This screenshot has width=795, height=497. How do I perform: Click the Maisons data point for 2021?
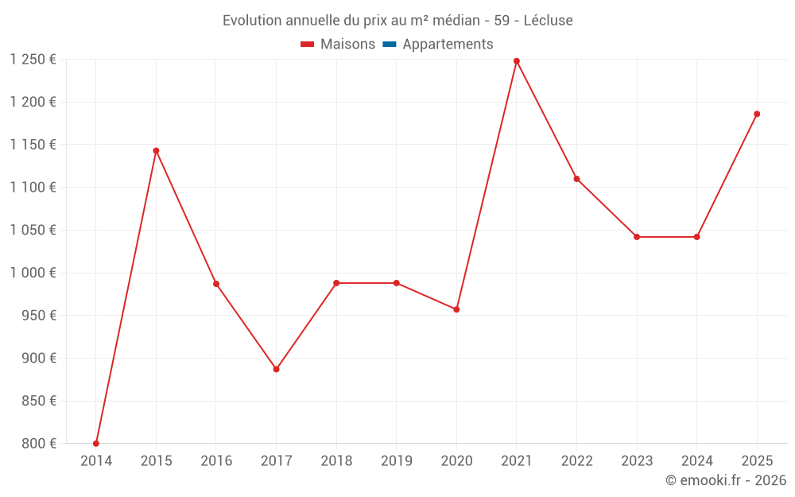(517, 61)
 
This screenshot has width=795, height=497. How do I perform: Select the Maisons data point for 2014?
(96, 444)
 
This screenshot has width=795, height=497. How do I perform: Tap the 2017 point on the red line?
(276, 369)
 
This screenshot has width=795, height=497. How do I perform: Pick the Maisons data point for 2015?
(156, 150)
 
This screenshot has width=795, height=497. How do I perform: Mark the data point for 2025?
(757, 114)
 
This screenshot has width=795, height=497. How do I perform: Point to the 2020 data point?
(456, 309)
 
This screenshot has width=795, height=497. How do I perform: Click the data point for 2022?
(576, 179)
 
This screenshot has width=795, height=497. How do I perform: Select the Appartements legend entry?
(448, 45)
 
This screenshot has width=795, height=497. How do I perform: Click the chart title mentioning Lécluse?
(397, 21)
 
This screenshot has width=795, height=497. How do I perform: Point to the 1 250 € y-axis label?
(33, 60)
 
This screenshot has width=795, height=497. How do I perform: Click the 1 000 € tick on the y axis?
(33, 273)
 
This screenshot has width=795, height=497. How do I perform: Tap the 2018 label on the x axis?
(336, 461)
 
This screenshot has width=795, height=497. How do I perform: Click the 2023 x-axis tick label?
(637, 461)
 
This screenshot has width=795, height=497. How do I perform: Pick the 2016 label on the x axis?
(216, 461)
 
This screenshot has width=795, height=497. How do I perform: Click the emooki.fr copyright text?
(725, 480)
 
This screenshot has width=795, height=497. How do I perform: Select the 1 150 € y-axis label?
(33, 145)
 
